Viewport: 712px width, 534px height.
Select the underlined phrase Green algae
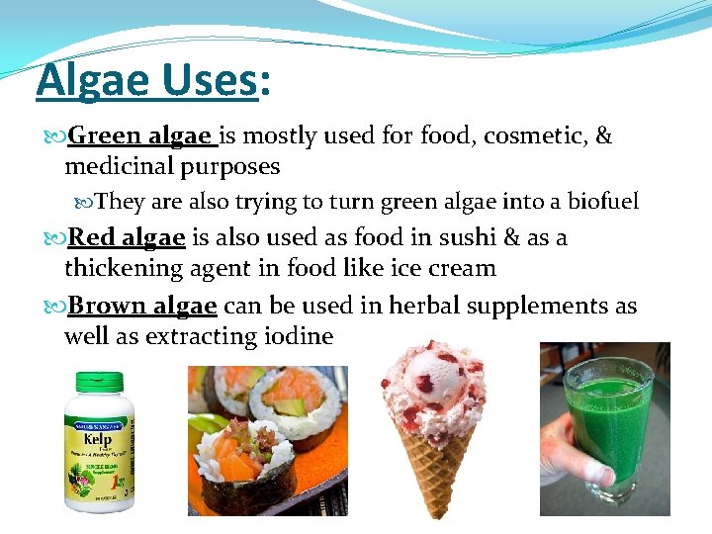coord(139,135)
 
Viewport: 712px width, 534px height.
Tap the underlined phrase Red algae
coord(126,237)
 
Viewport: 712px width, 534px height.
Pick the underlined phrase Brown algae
coord(141,306)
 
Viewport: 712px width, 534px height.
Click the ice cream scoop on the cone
coord(435,396)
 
